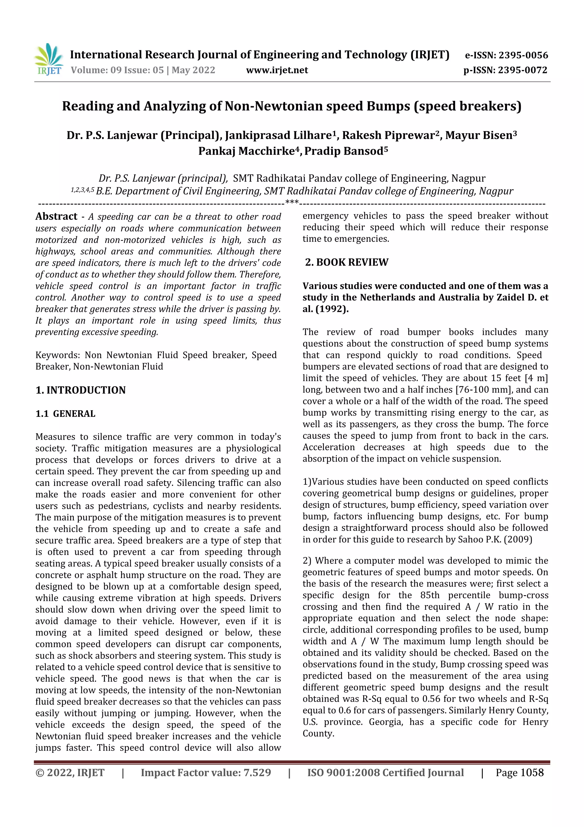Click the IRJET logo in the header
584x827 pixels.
pos(48,59)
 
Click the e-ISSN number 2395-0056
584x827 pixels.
pos(523,55)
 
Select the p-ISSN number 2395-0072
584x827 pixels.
pos(522,70)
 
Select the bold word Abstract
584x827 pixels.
pos(56,216)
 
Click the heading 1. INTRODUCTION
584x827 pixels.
pos(81,390)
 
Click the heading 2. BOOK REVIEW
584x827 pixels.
pos(346,262)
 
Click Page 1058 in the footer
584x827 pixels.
pos(519,772)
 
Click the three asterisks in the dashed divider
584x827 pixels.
pos(292,202)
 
